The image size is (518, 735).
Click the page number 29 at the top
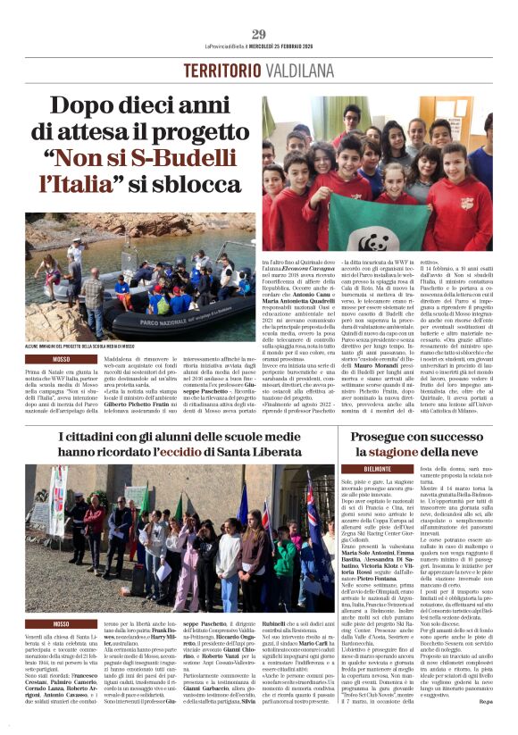(x=258, y=35)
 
